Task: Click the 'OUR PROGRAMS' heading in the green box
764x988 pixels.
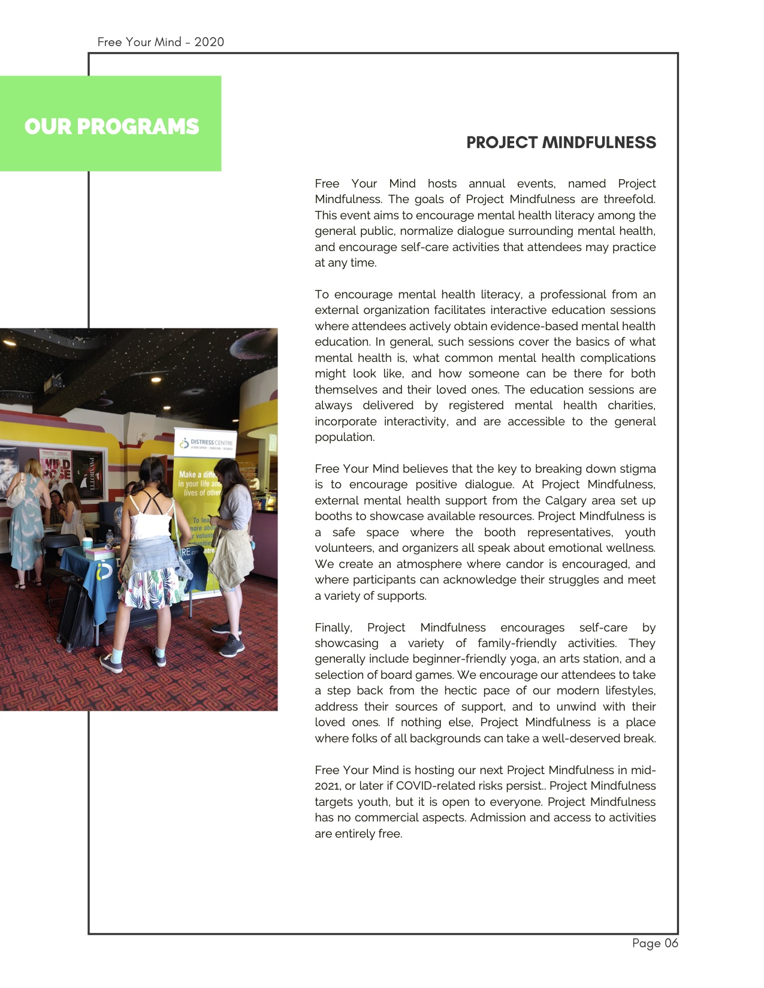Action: (x=111, y=126)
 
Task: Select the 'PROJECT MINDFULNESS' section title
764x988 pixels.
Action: (x=561, y=143)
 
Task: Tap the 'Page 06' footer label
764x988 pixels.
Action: (x=655, y=943)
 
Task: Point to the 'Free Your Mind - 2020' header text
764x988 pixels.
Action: (x=161, y=42)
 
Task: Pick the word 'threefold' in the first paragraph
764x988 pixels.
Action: (x=629, y=199)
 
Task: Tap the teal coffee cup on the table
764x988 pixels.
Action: (x=87, y=544)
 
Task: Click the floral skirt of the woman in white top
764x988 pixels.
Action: (x=147, y=587)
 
